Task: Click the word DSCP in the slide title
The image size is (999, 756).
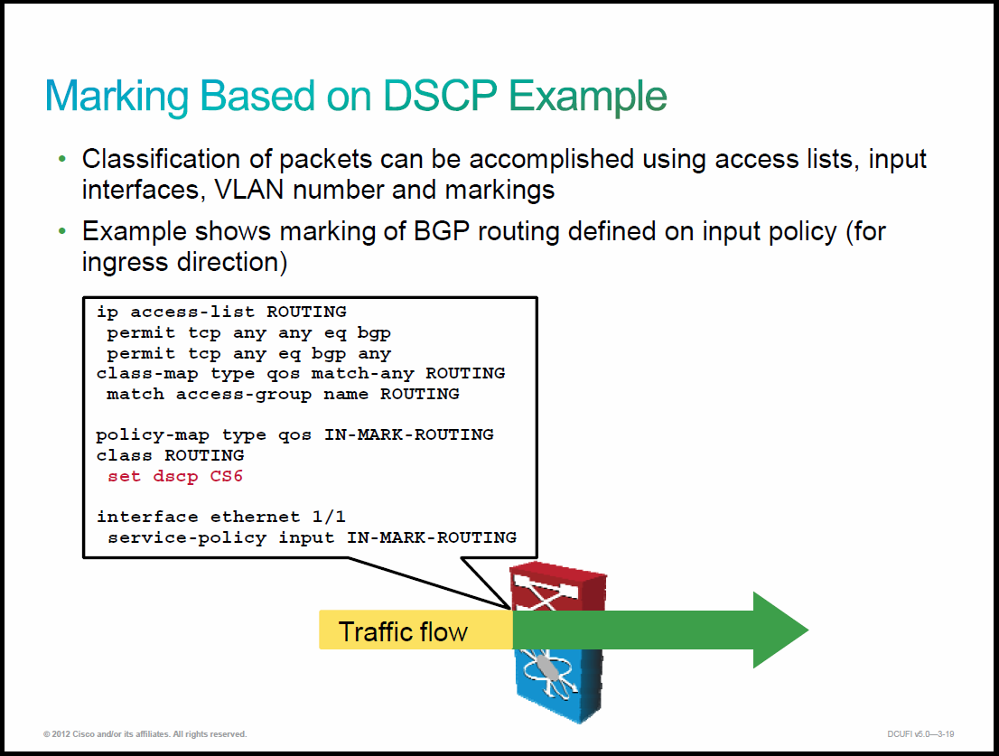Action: click(440, 96)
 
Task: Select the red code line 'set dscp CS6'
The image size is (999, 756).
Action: click(175, 476)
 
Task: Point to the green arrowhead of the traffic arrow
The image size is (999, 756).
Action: click(780, 630)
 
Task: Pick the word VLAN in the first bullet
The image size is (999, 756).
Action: click(248, 190)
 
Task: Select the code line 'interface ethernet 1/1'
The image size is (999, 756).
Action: click(221, 517)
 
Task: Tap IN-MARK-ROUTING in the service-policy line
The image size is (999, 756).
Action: click(432, 537)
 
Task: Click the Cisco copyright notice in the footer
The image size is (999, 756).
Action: click(145, 734)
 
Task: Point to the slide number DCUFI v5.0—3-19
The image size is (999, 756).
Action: click(920, 734)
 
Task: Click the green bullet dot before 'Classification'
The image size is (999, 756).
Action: click(61, 159)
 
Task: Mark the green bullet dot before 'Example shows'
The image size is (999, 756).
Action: click(61, 231)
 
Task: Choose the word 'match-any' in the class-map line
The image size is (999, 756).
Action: click(362, 374)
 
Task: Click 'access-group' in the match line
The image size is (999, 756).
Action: click(243, 395)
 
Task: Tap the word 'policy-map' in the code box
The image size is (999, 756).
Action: click(153, 435)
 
